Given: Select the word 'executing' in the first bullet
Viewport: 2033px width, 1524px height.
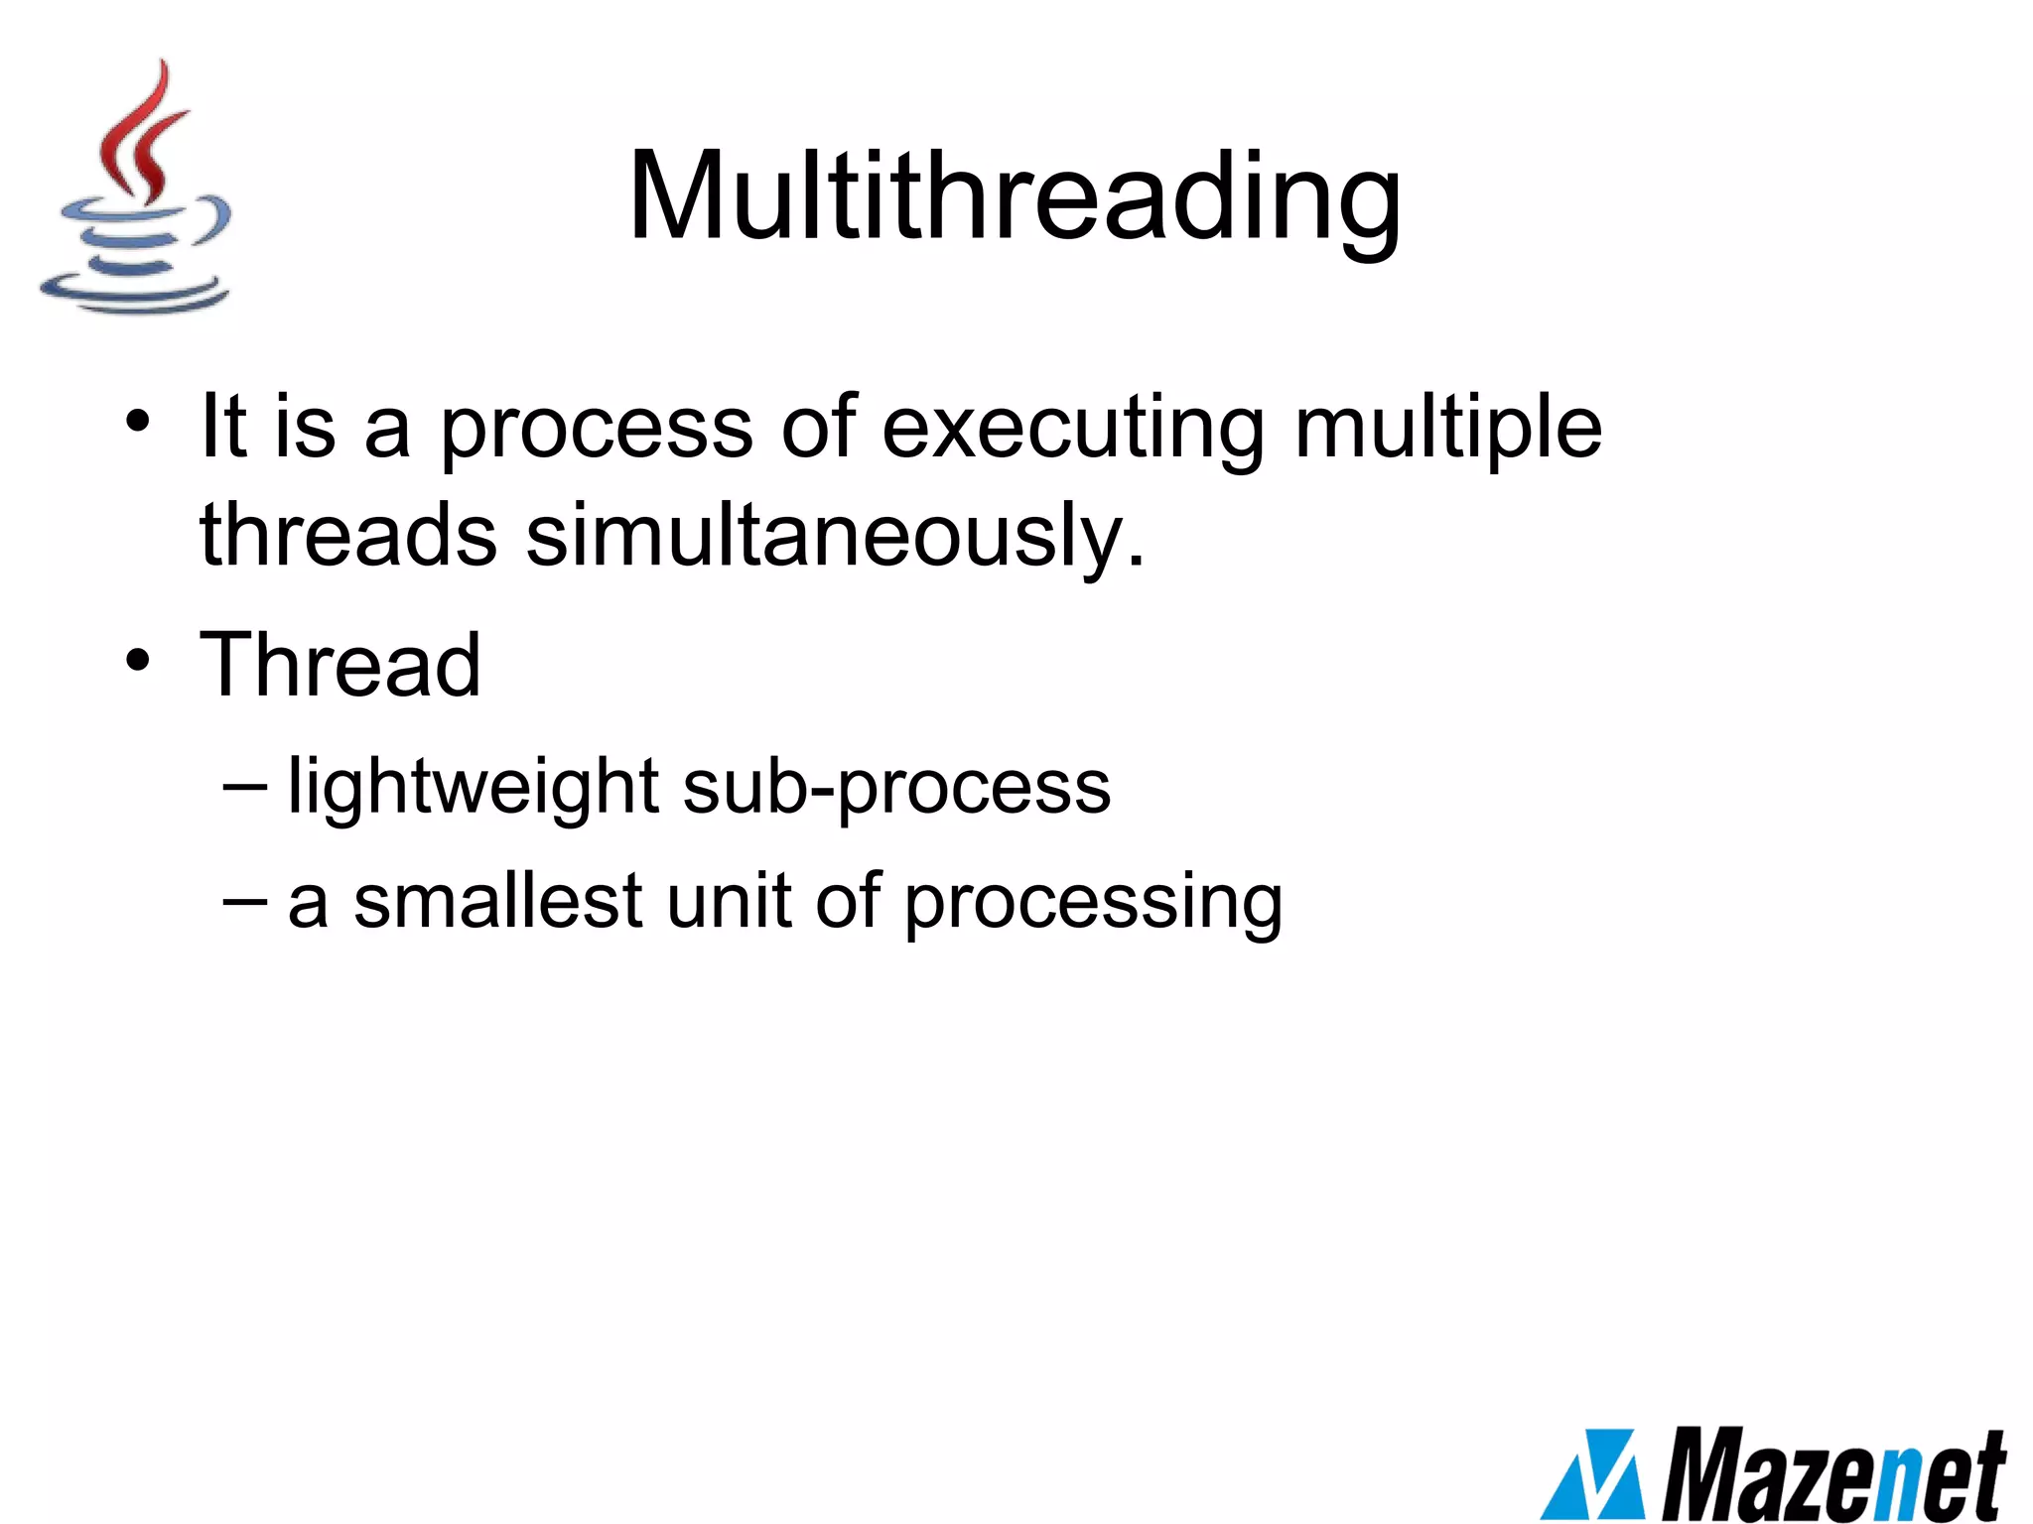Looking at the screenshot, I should tap(1072, 429).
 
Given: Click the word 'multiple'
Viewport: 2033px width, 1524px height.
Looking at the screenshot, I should tap(1448, 429).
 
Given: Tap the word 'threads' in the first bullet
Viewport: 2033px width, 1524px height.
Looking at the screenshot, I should tap(347, 536).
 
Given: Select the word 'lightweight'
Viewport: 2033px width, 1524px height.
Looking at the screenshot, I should tap(473, 787).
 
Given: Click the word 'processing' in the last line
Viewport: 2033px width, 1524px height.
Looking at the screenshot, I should tap(1093, 903).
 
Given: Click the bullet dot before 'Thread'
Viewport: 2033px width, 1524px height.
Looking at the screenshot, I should tap(138, 659).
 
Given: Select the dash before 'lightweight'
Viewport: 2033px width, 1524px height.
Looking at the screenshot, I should tap(245, 786).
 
